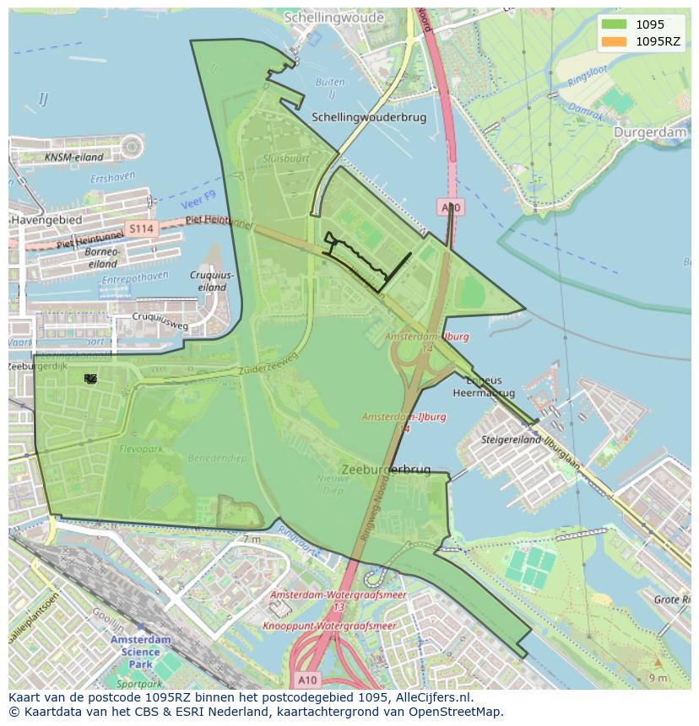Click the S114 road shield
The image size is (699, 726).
point(141,228)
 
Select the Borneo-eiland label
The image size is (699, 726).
point(103,257)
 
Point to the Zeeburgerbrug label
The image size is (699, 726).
point(386,469)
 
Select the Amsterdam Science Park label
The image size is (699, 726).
point(135,652)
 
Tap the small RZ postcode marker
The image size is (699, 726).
point(90,379)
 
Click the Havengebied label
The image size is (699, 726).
point(46,219)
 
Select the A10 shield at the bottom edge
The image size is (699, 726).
point(307,678)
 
